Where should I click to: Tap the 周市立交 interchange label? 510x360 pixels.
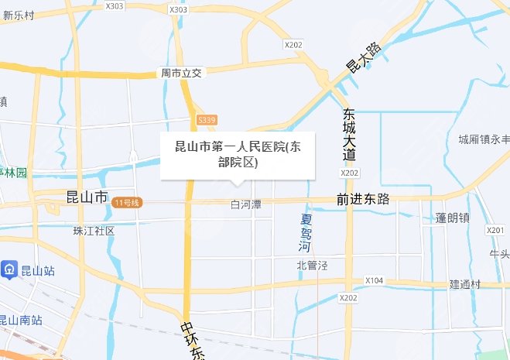[180, 73]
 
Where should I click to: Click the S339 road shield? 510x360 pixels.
[207, 120]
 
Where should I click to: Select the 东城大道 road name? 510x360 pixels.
[350, 134]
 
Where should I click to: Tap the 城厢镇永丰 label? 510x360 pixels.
[483, 140]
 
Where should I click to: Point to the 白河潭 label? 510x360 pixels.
[246, 204]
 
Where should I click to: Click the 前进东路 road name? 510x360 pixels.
[363, 199]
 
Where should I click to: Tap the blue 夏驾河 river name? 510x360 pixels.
[306, 233]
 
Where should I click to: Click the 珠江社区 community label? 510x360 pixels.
[94, 231]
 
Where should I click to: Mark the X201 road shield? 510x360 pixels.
[495, 231]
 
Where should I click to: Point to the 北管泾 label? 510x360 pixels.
[313, 266]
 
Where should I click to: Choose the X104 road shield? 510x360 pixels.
[375, 280]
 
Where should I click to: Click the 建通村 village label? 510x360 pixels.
[466, 285]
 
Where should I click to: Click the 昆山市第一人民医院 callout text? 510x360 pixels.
[238, 154]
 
